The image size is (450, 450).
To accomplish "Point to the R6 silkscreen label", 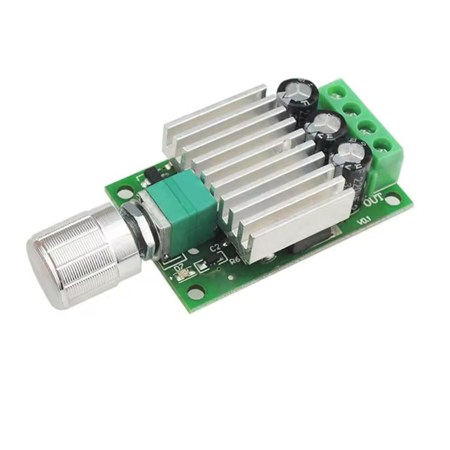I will tap(234, 261).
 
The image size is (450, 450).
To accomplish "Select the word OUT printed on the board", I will tap(373, 199).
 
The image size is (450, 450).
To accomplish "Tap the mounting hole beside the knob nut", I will tap(121, 195).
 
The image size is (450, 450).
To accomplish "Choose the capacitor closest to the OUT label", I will tap(352, 155).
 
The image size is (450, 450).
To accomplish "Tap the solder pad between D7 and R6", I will tap(203, 267).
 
